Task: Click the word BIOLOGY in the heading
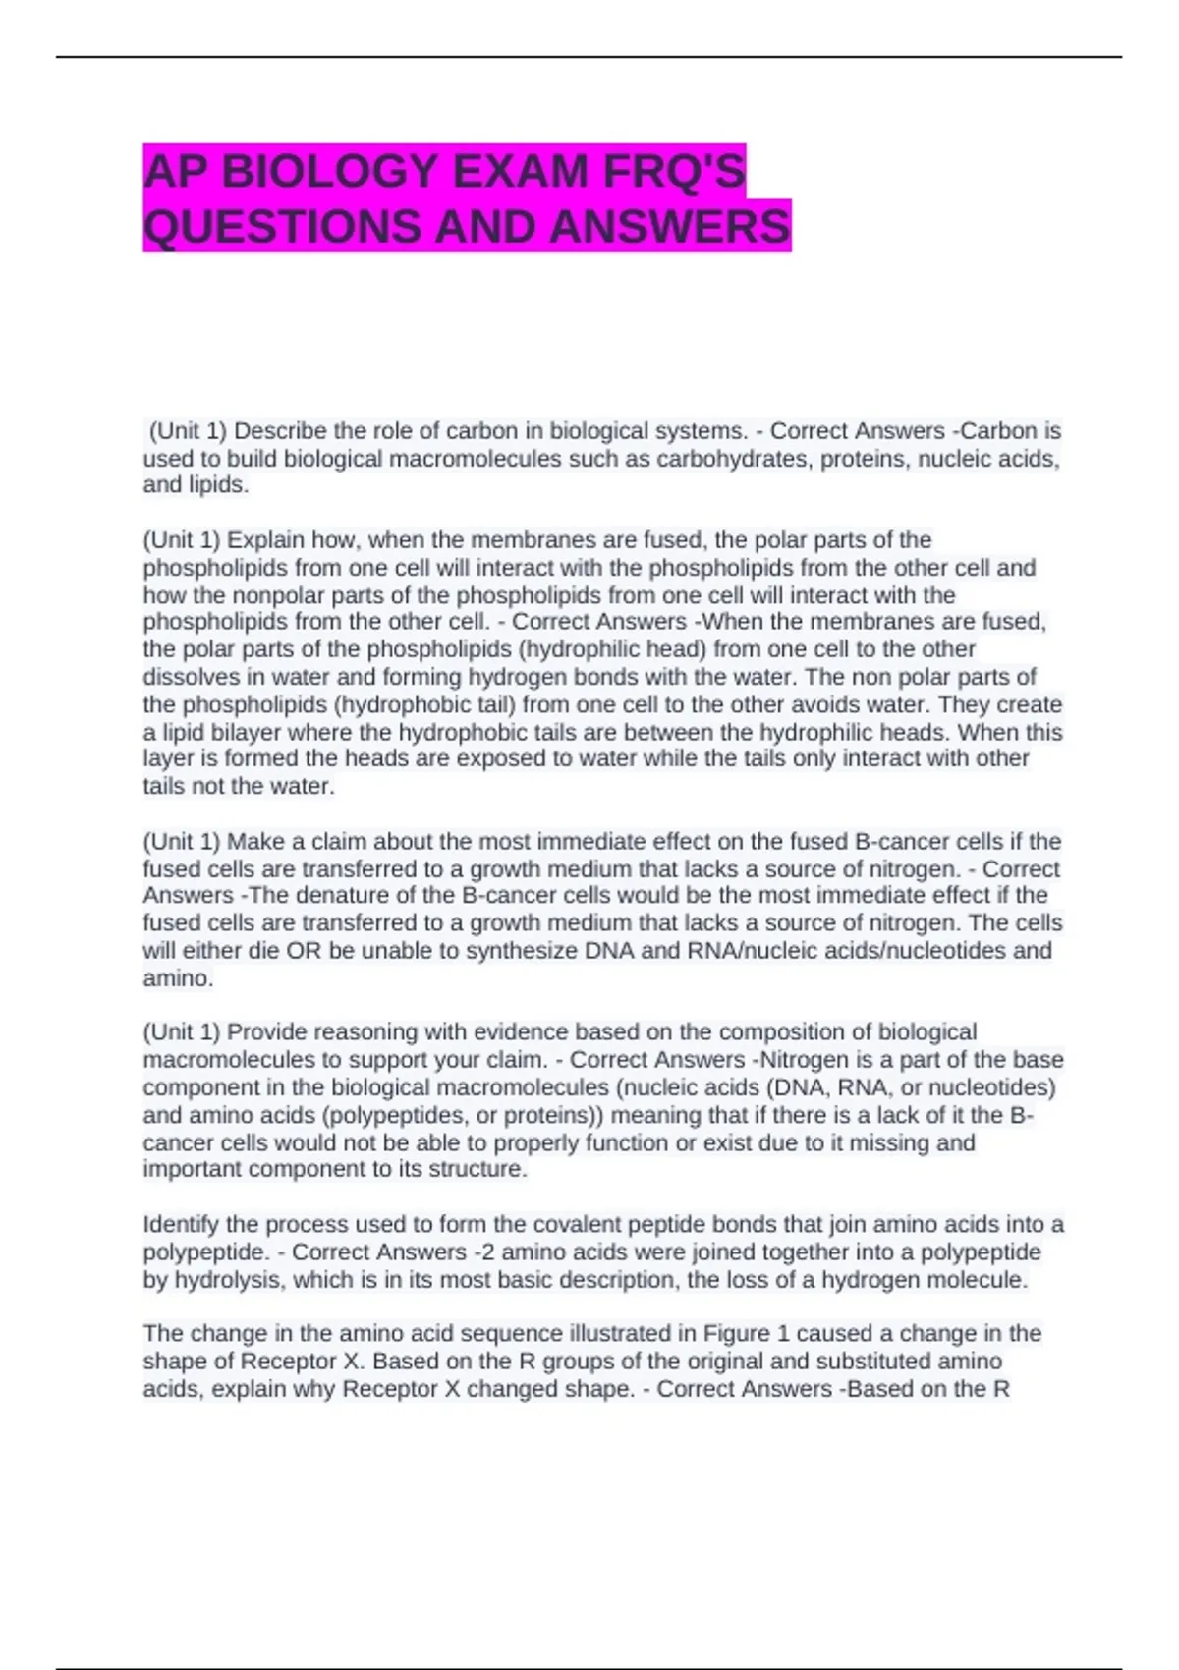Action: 329,172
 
